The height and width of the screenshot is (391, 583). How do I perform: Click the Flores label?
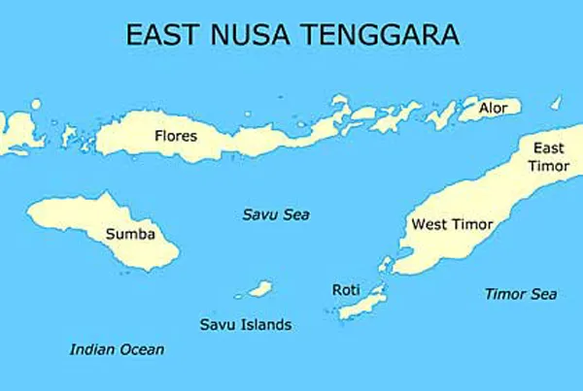[175, 136]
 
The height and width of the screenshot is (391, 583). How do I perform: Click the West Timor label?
[452, 224]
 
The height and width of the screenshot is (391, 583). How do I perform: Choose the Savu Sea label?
[275, 214]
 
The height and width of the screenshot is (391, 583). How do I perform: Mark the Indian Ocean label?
[117, 349]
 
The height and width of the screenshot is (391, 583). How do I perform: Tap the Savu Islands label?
[245, 324]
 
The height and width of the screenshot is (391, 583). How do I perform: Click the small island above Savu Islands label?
[258, 288]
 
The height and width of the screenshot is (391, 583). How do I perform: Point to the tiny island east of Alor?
[556, 102]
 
